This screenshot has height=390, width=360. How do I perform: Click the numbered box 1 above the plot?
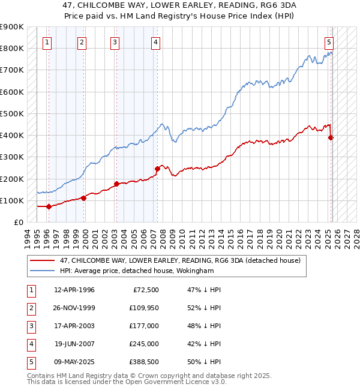click(x=47, y=42)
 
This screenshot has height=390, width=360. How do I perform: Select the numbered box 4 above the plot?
click(x=155, y=42)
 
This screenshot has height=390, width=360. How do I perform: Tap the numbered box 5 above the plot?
click(x=329, y=42)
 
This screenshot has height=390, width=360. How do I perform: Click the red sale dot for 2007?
click(x=157, y=169)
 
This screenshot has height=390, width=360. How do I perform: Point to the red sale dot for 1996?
click(x=49, y=206)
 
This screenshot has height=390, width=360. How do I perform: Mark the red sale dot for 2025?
click(x=331, y=137)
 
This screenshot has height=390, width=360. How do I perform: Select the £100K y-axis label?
click(x=13, y=200)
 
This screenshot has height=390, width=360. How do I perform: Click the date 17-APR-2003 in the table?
click(x=74, y=326)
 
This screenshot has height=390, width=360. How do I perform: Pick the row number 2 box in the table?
click(x=30, y=308)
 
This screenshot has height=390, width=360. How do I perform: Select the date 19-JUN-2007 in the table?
click(x=74, y=344)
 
